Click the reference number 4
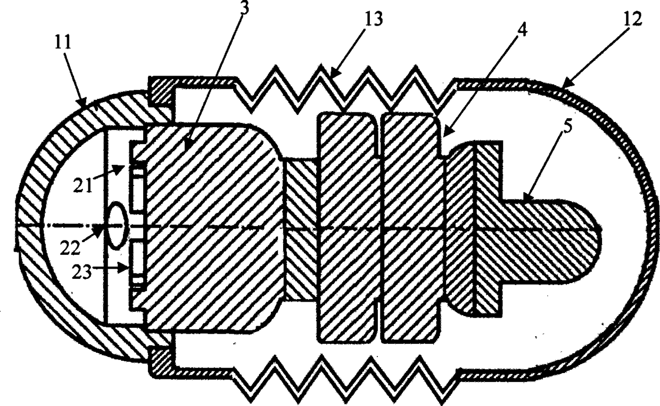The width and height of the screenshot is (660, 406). [x=523, y=30]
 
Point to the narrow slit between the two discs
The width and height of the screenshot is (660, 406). [x=379, y=229]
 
